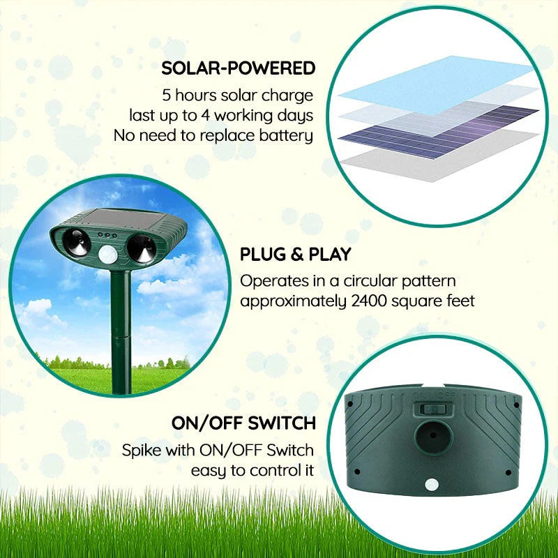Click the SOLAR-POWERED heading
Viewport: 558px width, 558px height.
pos(239,68)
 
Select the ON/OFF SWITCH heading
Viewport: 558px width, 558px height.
pos(243,423)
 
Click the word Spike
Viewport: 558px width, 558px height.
pos(143,450)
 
